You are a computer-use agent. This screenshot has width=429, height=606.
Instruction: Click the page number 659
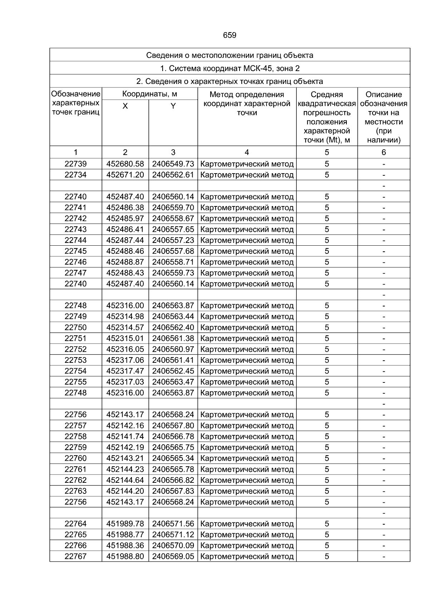click(230, 35)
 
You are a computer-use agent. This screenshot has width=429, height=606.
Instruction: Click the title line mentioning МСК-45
click(230, 68)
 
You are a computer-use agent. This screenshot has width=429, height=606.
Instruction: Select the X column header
click(125, 106)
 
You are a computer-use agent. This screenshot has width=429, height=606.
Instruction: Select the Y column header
click(173, 106)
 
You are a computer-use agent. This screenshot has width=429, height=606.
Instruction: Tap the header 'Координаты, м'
click(149, 94)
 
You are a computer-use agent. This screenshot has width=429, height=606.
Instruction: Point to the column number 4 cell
click(247, 152)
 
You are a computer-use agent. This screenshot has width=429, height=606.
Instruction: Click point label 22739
click(75, 164)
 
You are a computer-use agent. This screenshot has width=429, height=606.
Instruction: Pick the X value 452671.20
click(125, 175)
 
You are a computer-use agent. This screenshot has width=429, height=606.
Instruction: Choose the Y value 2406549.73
click(173, 164)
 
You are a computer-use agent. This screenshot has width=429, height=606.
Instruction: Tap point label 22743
click(75, 229)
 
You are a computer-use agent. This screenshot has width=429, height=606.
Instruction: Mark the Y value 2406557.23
click(173, 240)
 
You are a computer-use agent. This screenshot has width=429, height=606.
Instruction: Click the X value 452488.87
click(125, 262)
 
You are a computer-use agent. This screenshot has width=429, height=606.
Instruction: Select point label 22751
click(75, 338)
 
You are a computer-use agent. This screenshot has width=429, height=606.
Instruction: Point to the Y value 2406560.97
click(173, 349)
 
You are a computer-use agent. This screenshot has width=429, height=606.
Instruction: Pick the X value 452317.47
click(125, 371)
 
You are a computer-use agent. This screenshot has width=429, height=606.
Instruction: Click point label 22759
click(75, 447)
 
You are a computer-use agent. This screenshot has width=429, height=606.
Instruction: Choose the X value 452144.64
click(125, 480)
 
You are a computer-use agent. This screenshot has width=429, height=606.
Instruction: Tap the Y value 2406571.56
click(173, 524)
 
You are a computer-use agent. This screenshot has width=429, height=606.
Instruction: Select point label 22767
click(75, 556)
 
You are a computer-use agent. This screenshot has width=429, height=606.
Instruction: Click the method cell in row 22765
click(247, 535)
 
